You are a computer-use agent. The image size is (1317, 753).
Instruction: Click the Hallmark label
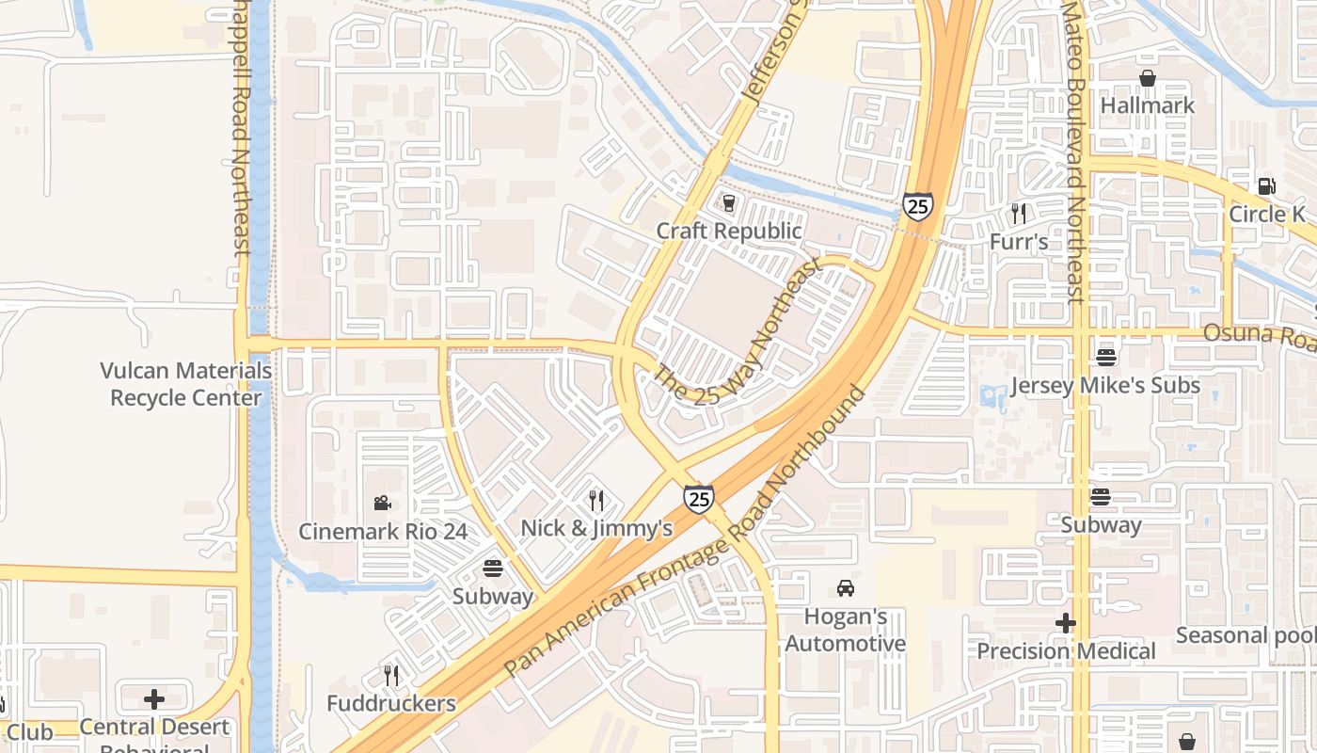[x=1147, y=105]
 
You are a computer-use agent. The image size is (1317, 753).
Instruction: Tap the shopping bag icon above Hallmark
[x=1148, y=78]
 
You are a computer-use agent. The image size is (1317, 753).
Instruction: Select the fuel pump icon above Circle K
[x=1267, y=186]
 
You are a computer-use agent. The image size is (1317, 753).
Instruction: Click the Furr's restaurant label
[x=1018, y=242]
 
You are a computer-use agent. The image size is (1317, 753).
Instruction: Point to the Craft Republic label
[x=729, y=231]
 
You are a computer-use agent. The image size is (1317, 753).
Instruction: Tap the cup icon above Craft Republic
[x=728, y=202]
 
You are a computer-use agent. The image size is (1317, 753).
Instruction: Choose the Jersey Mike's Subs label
[x=1104, y=386]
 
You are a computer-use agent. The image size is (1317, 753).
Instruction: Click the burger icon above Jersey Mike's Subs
[x=1105, y=358]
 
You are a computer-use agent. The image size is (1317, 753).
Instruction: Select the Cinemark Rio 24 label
[x=383, y=531]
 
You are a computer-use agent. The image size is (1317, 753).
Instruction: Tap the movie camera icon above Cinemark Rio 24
[x=382, y=503]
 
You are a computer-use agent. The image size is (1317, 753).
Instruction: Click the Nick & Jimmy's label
[x=596, y=528]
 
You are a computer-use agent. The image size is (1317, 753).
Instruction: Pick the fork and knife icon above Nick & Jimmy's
[x=596, y=500]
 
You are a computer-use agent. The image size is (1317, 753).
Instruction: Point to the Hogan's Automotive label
[x=845, y=631]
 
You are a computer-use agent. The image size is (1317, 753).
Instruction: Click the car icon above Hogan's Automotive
[x=845, y=589]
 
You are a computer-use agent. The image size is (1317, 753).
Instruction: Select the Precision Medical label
[x=1066, y=651]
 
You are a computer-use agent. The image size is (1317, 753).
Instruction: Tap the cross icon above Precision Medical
[x=1065, y=623]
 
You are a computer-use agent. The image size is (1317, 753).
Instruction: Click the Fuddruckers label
[x=391, y=703]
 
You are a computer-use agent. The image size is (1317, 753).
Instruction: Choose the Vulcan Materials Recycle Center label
[x=186, y=384]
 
